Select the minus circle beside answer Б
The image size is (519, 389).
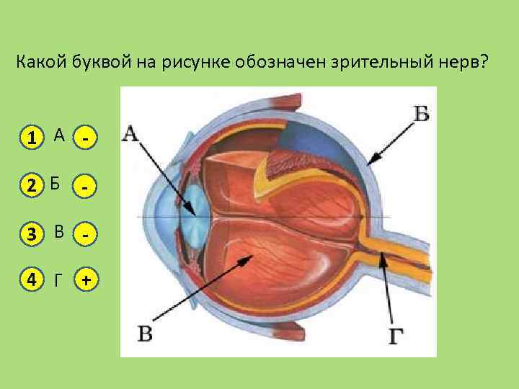(x=86, y=185)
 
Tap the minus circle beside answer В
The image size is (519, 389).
(x=86, y=233)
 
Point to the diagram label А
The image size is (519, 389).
(x=131, y=133)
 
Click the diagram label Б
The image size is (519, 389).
(x=422, y=114)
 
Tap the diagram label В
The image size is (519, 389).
(x=145, y=334)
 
